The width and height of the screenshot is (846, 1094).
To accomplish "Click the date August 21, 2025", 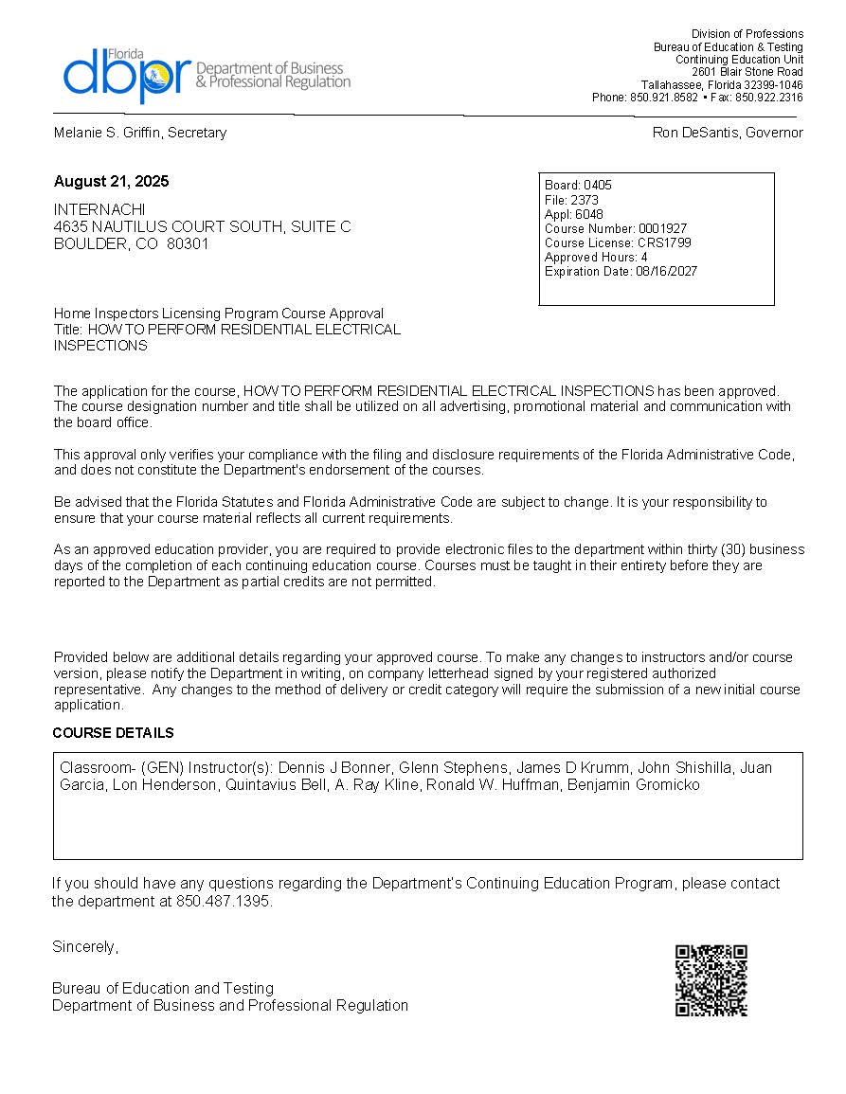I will [111, 181].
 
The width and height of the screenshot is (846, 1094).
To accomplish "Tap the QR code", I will [711, 980].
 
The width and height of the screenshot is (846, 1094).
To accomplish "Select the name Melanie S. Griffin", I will [108, 133].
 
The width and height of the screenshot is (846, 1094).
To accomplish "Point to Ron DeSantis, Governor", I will [728, 133].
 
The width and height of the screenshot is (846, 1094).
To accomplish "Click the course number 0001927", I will [662, 228].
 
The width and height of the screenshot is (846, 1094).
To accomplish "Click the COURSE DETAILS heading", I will [113, 733].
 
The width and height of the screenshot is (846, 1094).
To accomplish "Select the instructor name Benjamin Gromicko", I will [634, 784].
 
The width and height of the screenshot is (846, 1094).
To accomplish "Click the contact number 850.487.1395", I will [224, 901].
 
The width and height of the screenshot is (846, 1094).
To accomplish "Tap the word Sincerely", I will [84, 946].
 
